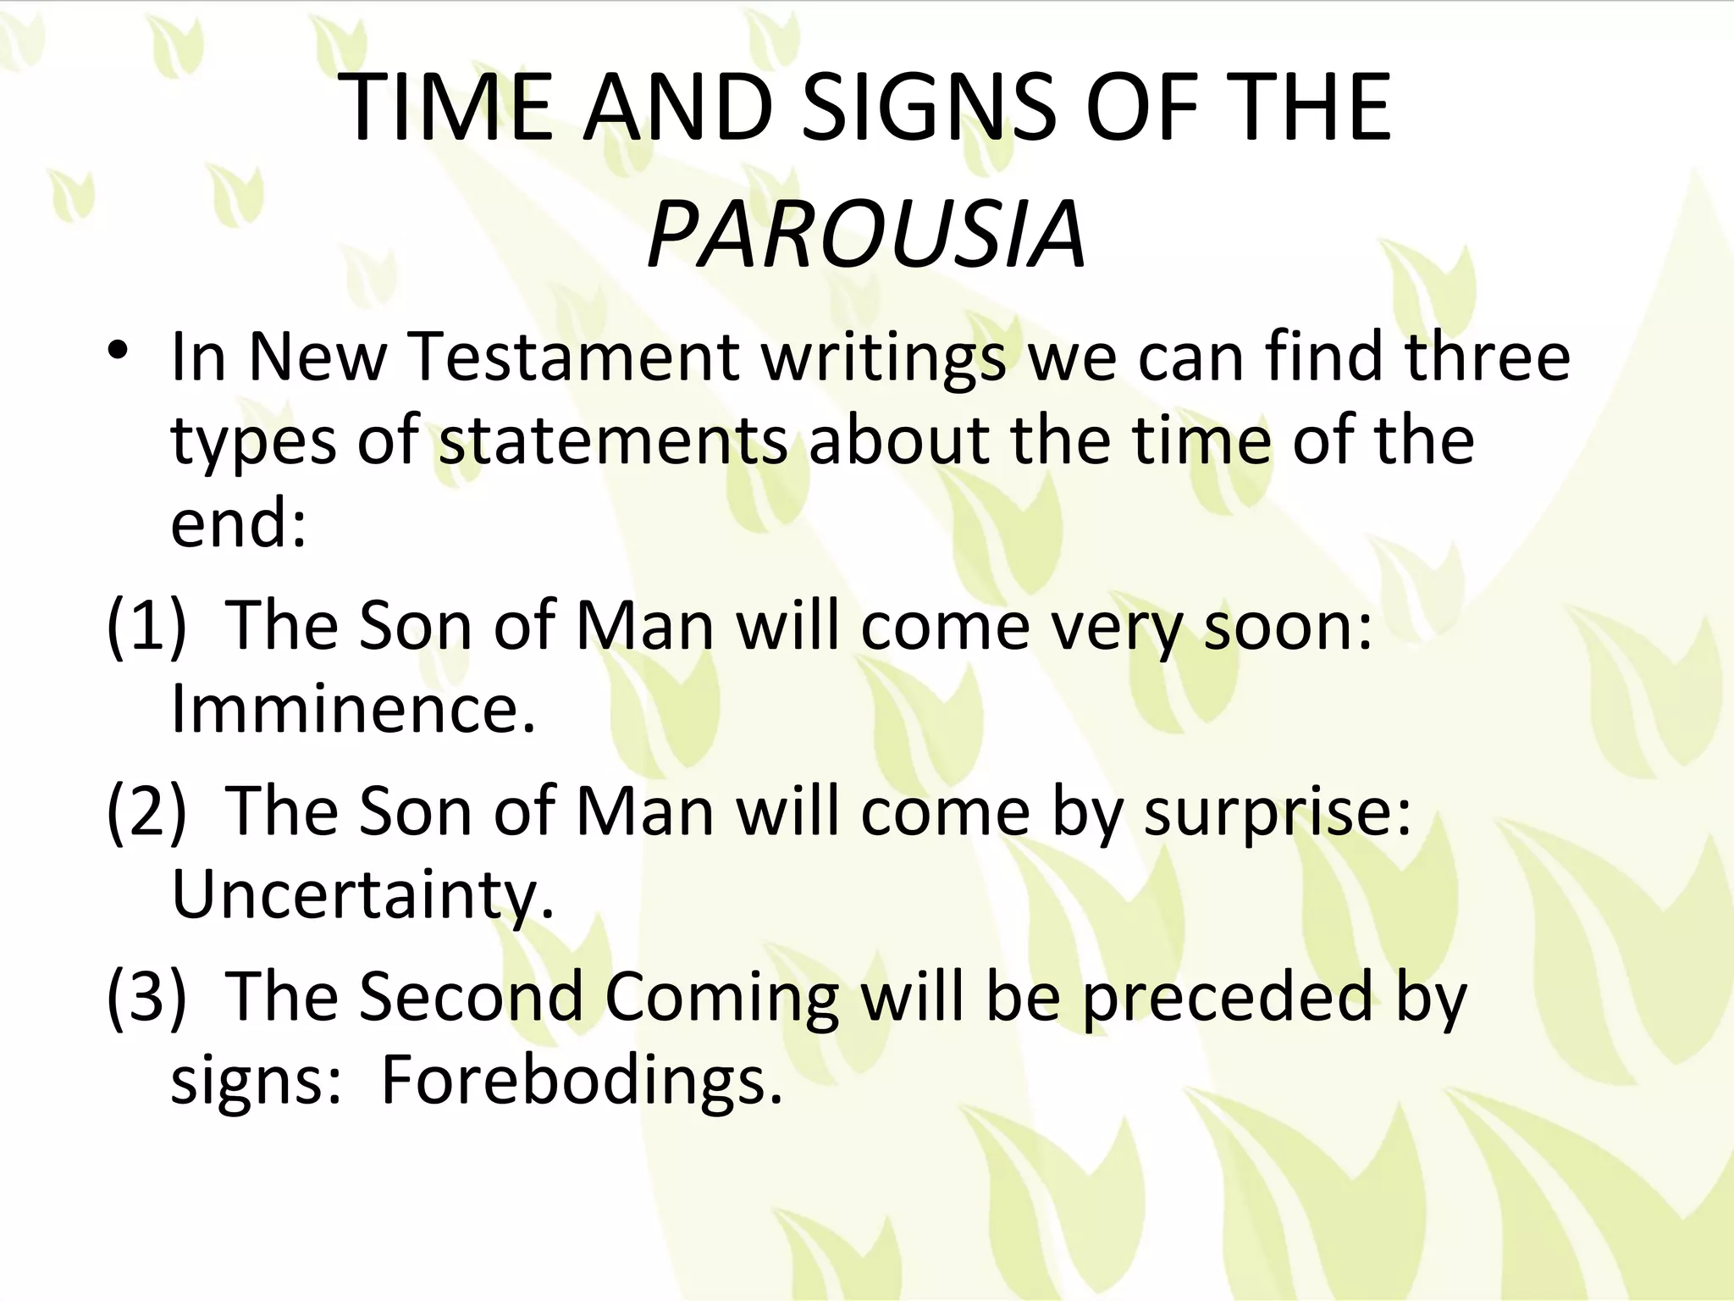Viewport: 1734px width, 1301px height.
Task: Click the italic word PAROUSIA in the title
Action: (x=866, y=233)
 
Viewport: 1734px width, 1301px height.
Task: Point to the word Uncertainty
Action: (x=362, y=896)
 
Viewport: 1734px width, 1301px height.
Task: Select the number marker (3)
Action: (x=146, y=996)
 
